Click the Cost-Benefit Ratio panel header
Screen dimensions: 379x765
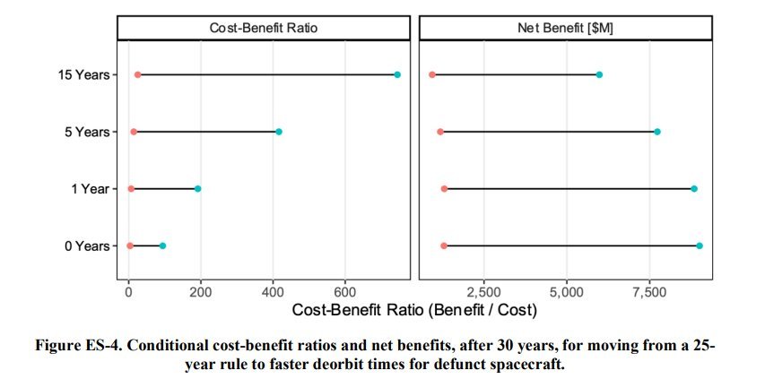coord(264,27)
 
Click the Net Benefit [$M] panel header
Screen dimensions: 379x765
coord(565,27)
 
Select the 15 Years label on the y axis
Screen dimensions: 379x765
coord(83,74)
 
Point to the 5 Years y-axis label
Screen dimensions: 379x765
coord(86,132)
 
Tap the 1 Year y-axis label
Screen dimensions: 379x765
coord(90,189)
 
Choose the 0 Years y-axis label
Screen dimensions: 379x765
coord(86,245)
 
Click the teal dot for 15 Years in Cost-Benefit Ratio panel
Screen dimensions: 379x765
coord(397,74)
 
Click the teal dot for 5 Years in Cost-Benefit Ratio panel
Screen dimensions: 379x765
coord(279,132)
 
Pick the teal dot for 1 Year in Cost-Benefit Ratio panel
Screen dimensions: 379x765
coord(197,189)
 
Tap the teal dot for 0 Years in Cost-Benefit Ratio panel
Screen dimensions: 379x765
coord(162,245)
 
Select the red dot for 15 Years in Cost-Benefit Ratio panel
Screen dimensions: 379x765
coord(137,74)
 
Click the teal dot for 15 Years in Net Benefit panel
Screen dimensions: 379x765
coord(599,74)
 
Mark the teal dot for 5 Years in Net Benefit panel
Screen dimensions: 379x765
coord(657,132)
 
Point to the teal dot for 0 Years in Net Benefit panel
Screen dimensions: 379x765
coord(700,245)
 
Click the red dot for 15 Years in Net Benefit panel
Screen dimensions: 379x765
coord(432,74)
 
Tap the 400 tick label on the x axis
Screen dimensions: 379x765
coord(273,291)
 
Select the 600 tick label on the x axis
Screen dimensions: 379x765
coord(344,291)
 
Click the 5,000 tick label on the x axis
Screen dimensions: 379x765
coord(566,291)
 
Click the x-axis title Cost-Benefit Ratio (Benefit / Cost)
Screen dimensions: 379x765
coord(414,311)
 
